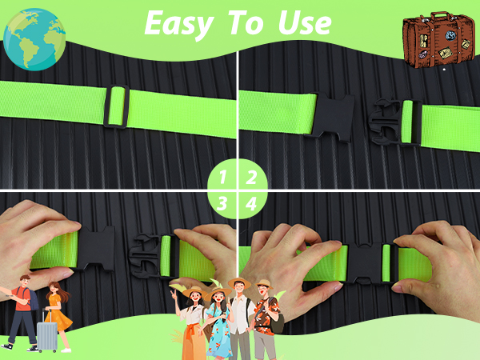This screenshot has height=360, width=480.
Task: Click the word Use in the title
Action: point(305,22)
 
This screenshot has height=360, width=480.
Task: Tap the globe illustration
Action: point(34,39)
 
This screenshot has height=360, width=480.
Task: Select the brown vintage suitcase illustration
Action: point(438,40)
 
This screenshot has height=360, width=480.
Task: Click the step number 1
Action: point(223,177)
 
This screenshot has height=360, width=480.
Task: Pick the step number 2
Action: point(251,177)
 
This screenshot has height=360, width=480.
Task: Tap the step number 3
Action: point(222,203)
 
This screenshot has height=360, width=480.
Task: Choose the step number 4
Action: point(251,204)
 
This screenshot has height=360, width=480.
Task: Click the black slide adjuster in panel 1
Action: point(116,106)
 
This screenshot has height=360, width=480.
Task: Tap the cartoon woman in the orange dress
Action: point(58,315)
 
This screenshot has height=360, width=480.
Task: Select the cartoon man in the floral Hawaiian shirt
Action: point(266,318)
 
